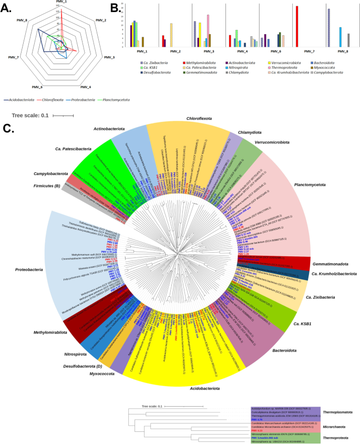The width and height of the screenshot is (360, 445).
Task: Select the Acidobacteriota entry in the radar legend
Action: tap(19, 99)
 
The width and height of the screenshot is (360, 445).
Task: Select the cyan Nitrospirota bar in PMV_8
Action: tap(340, 37)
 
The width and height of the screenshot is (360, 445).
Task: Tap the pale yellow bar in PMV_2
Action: tap(171, 35)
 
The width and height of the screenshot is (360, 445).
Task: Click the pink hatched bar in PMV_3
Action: tap(208, 31)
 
